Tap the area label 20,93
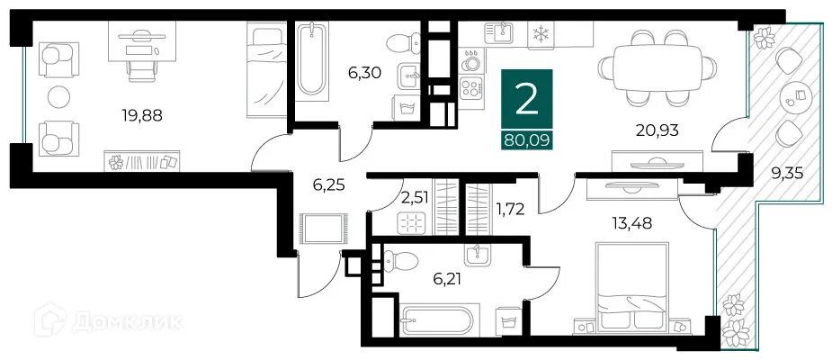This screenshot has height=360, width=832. [x=657, y=130]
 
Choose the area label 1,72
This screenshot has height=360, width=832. [x=511, y=211]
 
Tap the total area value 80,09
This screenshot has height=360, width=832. [x=526, y=139]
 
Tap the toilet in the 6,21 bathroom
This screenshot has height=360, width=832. [x=401, y=263]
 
